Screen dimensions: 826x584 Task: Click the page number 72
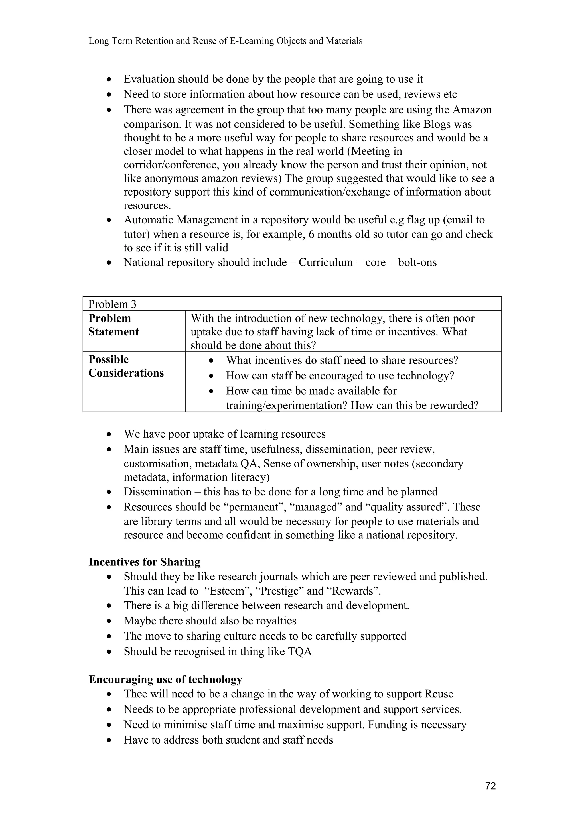tap(490, 786)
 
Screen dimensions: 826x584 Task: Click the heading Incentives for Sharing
tap(144, 562)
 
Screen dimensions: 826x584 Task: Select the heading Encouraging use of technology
tap(165, 679)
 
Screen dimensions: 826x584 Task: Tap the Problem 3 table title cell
tap(112, 304)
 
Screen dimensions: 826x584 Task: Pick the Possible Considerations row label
tap(126, 366)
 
